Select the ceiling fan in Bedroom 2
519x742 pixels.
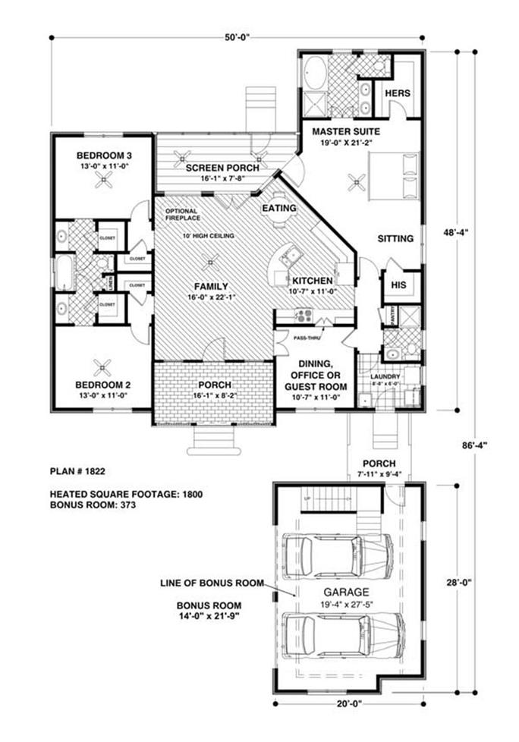(102, 367)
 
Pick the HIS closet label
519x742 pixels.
(398, 285)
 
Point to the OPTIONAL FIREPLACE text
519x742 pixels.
(181, 214)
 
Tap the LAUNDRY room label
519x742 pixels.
(384, 376)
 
